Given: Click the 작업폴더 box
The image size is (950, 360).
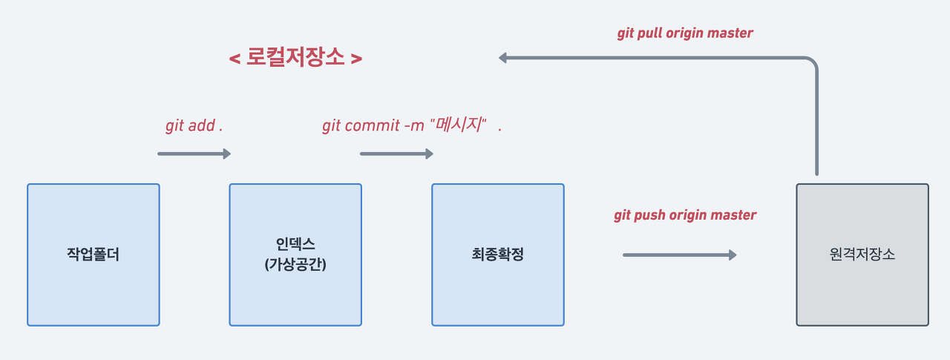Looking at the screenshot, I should click(x=94, y=255).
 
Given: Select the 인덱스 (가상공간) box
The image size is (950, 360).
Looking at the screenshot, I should click(x=295, y=255).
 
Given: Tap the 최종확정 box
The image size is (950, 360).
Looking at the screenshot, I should click(x=498, y=255).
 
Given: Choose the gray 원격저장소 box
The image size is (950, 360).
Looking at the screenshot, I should click(x=862, y=255).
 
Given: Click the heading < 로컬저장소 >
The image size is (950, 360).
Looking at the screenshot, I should click(x=295, y=58).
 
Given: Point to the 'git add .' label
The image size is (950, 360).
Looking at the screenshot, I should click(x=194, y=125).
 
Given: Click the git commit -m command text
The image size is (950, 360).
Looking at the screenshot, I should click(x=404, y=125).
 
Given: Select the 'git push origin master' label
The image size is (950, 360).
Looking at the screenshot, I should click(x=685, y=215).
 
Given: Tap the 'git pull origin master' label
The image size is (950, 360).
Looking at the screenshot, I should click(x=685, y=33).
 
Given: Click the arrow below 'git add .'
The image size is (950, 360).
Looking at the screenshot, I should click(x=194, y=154).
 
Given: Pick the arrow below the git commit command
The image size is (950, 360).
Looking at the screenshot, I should click(x=396, y=154).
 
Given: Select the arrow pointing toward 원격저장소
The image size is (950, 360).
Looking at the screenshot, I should click(x=679, y=255).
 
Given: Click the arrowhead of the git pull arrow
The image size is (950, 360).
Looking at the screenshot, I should click(x=503, y=58).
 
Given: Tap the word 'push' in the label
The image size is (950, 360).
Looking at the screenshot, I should click(x=651, y=215).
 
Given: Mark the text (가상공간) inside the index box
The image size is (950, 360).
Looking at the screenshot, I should click(x=295, y=264).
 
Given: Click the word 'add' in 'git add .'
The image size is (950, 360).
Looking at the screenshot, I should click(x=200, y=125).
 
